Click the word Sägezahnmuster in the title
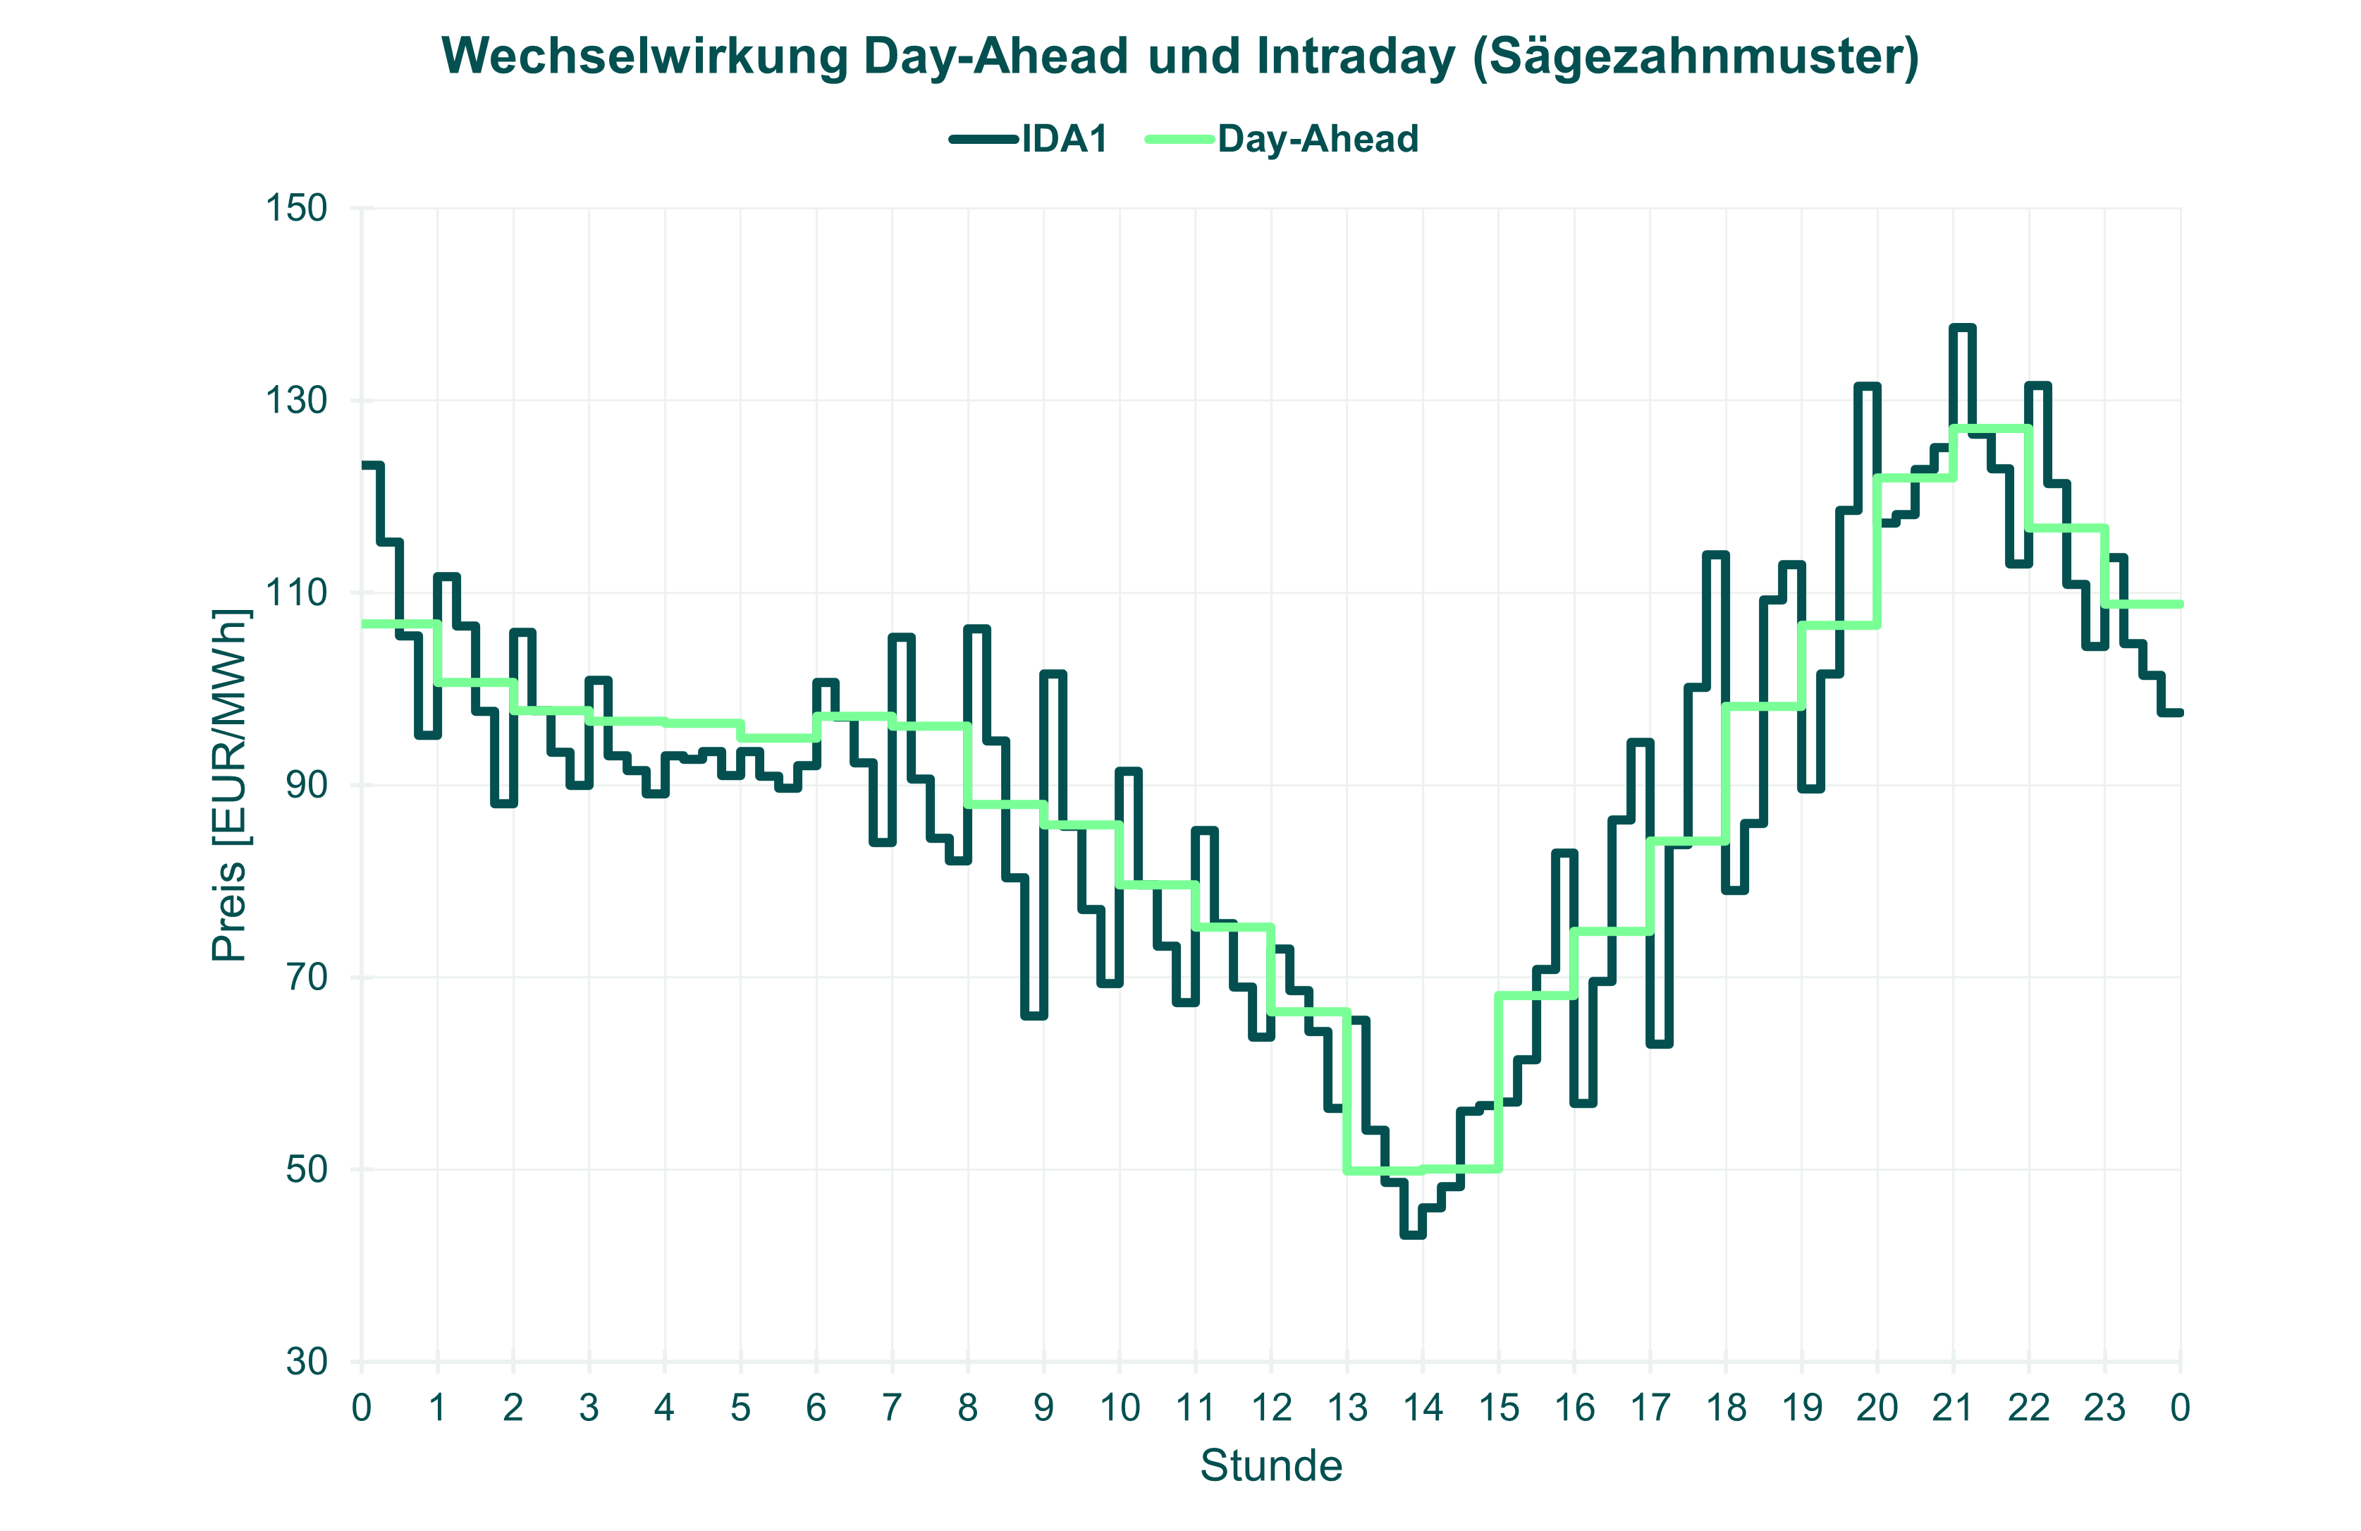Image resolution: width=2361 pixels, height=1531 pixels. click(x=1694, y=56)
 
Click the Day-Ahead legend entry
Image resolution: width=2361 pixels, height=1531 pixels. click(x=1318, y=139)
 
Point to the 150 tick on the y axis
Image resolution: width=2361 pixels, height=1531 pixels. click(x=295, y=208)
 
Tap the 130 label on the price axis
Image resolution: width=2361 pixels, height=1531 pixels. click(x=295, y=401)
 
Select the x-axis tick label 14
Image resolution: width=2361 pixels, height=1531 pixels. click(x=1423, y=1407)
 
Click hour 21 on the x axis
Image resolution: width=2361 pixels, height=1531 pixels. click(x=1952, y=1407)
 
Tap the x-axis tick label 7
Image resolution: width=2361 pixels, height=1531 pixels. click(x=892, y=1407)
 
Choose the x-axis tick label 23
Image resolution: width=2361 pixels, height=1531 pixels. click(x=2104, y=1407)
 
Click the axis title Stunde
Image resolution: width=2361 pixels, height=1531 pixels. click(x=1271, y=1465)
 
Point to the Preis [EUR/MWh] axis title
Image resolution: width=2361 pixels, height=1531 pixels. click(x=230, y=784)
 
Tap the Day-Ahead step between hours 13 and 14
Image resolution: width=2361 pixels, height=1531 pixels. click(x=1385, y=1171)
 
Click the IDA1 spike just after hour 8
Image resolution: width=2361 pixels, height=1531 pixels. click(x=977, y=628)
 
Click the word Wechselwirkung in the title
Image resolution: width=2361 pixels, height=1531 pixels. click(x=645, y=56)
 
